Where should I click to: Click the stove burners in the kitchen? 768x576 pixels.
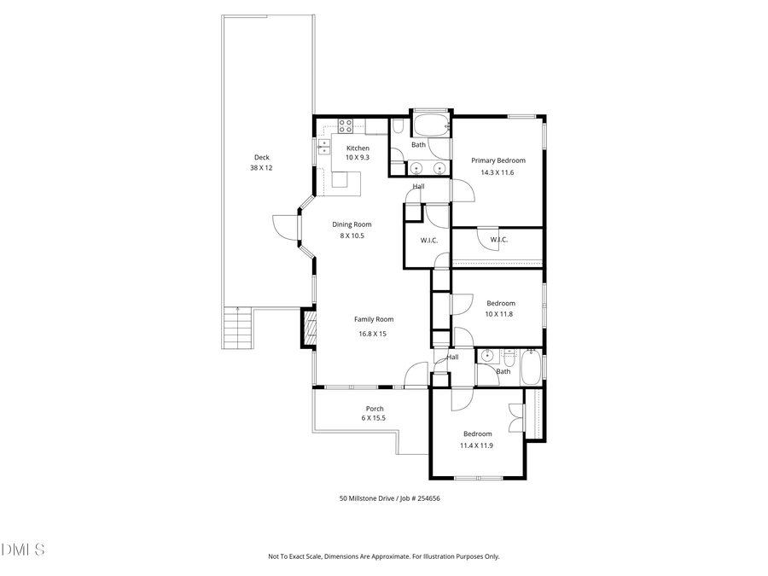[346, 126]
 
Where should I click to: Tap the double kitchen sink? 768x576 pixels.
[324, 147]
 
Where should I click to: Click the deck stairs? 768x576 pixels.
[238, 329]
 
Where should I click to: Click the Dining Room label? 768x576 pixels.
[352, 224]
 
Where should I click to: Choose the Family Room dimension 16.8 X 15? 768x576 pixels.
[372, 334]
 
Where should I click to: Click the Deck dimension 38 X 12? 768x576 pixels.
[261, 168]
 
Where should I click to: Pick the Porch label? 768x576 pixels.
[374, 409]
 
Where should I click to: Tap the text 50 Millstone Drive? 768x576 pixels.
[367, 498]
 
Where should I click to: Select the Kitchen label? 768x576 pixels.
[358, 148]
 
